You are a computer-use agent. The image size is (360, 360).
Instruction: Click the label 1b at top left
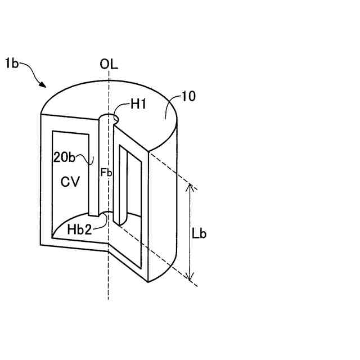click(x=12, y=64)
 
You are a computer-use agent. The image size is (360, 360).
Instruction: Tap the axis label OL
click(x=109, y=64)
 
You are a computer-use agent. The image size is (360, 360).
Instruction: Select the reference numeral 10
click(x=188, y=97)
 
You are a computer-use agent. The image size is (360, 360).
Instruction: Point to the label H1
click(x=138, y=103)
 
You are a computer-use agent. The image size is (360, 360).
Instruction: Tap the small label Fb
click(x=106, y=173)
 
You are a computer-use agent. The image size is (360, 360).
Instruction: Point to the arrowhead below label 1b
click(x=43, y=84)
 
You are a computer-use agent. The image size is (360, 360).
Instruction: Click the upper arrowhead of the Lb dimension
click(x=191, y=187)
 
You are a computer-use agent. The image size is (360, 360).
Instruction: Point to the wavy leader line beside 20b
click(x=88, y=160)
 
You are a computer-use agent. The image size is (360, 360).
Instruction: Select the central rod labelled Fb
click(x=98, y=169)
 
